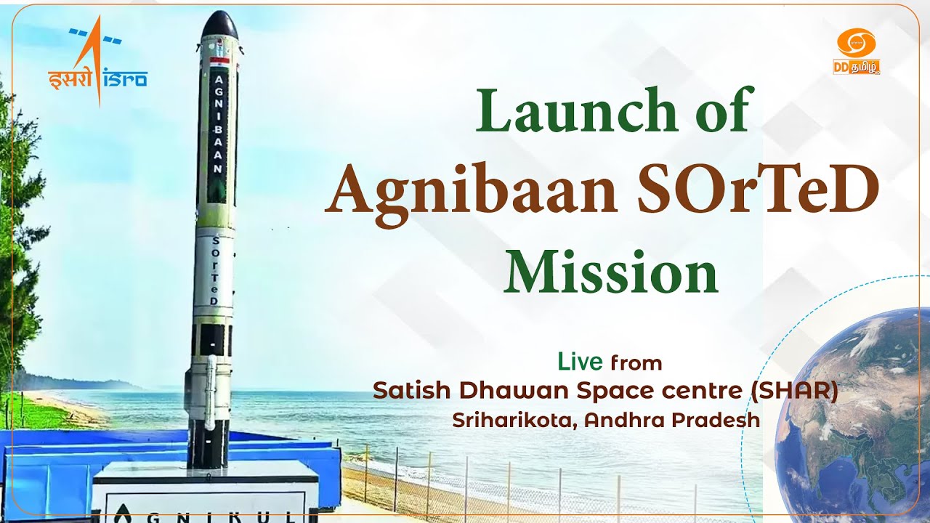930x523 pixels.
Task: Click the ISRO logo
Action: (97, 65)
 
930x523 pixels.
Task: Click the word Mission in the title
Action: (611, 271)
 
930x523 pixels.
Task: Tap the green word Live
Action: (580, 361)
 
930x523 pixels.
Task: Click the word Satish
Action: (407, 391)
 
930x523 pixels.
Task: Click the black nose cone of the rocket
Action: (219, 25)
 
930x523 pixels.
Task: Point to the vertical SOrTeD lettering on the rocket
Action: (216, 272)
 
